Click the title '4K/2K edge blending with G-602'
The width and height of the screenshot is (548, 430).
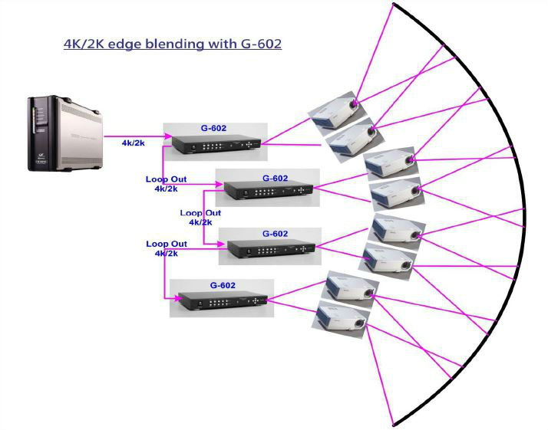[172, 44]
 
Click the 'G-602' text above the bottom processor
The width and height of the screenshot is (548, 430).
[223, 284]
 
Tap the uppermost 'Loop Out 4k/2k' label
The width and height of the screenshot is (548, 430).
[167, 183]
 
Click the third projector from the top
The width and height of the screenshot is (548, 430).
[390, 162]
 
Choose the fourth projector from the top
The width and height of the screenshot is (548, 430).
[395, 194]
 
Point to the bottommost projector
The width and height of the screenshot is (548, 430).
[341, 317]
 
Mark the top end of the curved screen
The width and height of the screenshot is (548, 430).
[394, 5]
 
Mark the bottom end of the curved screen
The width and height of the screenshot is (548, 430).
[394, 424]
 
